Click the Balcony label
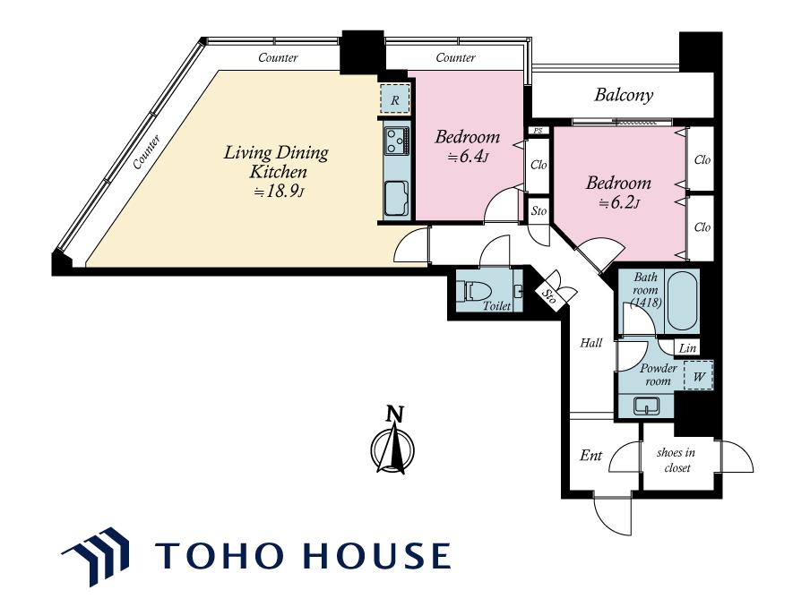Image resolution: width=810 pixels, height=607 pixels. point(624,95)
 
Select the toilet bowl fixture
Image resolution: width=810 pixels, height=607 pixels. point(476,291)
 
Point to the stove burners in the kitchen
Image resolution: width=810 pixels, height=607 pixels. point(397,141)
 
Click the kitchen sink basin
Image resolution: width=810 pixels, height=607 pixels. point(397,198)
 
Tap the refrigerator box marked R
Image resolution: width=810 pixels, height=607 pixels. point(394,99)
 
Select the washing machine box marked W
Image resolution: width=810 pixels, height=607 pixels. point(698,376)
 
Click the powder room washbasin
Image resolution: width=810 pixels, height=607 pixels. point(646,406)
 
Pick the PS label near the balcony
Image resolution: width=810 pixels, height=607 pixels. point(538,131)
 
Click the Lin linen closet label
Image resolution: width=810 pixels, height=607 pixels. point(687,348)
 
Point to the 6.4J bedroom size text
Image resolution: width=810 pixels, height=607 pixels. point(468,157)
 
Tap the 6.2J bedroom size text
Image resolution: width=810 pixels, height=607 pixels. point(619,203)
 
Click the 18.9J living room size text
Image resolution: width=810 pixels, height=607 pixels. point(279,192)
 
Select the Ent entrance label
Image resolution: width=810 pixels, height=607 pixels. point(590,455)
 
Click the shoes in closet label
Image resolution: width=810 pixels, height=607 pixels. point(676,460)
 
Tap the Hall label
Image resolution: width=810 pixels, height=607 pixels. point(591,343)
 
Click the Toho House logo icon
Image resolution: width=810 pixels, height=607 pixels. point(96,556)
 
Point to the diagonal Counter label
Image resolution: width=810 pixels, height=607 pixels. point(146,152)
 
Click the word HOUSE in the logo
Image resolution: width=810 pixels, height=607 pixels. point(376,555)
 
